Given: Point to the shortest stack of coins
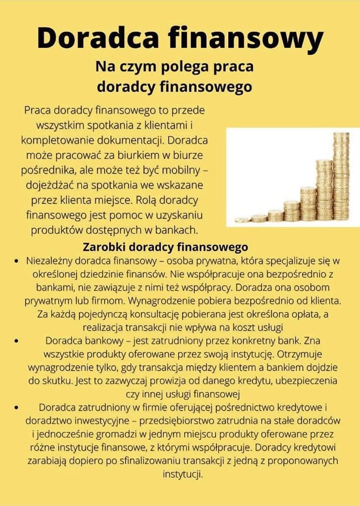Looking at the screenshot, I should click(243, 220).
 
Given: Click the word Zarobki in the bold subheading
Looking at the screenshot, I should click(104, 247).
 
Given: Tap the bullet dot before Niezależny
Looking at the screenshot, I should click(17, 261).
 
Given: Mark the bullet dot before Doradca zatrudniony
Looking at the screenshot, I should click(17, 407).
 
